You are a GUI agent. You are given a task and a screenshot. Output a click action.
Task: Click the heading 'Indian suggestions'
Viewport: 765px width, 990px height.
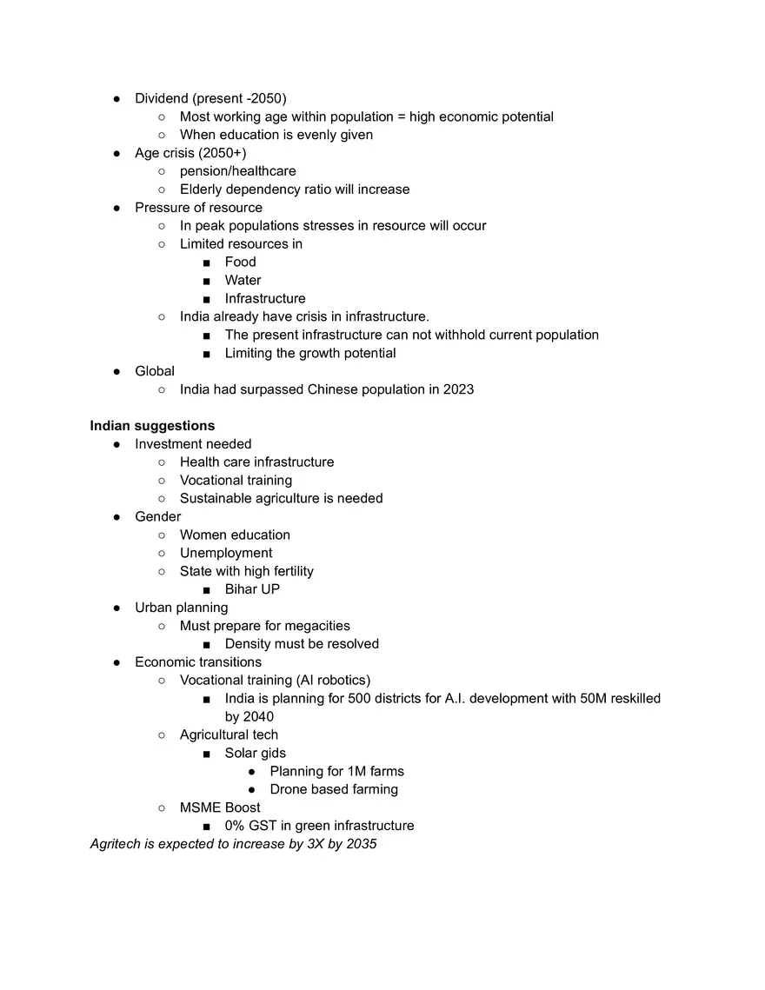pos(152,426)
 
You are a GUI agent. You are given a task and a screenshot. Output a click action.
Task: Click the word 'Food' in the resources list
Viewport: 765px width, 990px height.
pos(240,262)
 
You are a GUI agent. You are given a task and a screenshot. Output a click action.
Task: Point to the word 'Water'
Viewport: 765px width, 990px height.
pos(243,280)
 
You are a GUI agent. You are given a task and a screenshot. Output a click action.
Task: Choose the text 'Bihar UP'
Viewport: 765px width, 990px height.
pos(252,589)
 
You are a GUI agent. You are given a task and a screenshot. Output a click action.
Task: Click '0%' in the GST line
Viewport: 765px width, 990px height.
pos(236,826)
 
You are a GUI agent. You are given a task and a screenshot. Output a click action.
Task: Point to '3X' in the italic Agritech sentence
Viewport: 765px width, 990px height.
pos(316,844)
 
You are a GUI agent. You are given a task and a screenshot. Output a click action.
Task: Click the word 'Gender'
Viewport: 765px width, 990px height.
pos(157,516)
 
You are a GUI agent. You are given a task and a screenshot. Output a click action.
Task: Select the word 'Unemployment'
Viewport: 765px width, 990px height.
pos(226,553)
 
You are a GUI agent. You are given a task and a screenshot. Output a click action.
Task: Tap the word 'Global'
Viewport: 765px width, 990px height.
pos(155,371)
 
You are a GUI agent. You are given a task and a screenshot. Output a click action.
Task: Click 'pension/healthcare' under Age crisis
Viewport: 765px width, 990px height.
pos(237,171)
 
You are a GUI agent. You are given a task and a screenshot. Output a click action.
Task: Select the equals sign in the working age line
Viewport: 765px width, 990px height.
pos(403,116)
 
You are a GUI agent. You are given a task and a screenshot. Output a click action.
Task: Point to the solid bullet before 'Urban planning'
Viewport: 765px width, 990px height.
pos(116,608)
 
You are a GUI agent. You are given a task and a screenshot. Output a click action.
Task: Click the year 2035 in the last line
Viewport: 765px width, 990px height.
pos(361,844)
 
